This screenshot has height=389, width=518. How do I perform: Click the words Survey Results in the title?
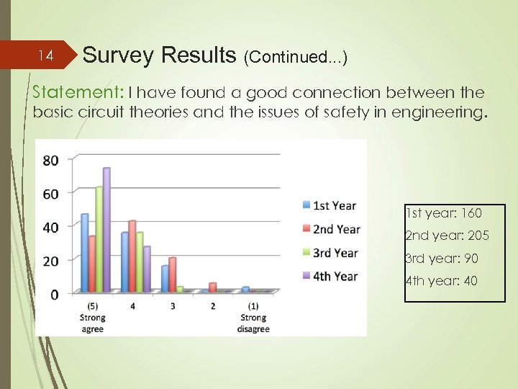[x=159, y=55]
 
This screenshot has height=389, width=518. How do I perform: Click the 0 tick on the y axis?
[x=55, y=294]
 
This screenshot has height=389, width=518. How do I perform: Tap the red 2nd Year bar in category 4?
[x=132, y=256]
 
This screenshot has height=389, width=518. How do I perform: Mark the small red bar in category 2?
[x=212, y=287]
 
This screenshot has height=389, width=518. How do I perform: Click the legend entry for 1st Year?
[x=330, y=205]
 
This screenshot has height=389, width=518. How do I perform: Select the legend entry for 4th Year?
[x=330, y=276]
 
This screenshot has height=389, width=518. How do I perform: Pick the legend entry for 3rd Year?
[x=330, y=252]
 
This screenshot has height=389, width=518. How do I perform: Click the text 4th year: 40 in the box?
[x=441, y=281]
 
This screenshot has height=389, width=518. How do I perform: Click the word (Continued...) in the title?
[x=296, y=57]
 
